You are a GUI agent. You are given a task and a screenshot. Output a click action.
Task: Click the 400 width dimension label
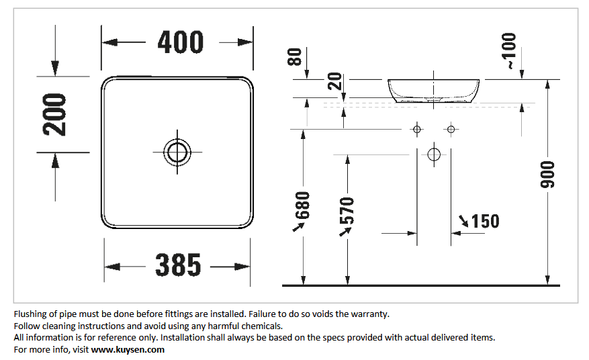(180, 42)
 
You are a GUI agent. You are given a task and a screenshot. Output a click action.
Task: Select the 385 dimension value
(178, 265)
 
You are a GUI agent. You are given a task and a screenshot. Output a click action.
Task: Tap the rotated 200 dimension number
(54, 115)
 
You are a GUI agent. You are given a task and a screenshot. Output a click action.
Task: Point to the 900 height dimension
(547, 175)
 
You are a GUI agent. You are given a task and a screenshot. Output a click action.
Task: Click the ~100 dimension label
(509, 51)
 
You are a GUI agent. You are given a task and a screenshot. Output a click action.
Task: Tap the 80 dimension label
(294, 56)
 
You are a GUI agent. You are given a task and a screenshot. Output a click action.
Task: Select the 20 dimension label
(334, 81)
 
